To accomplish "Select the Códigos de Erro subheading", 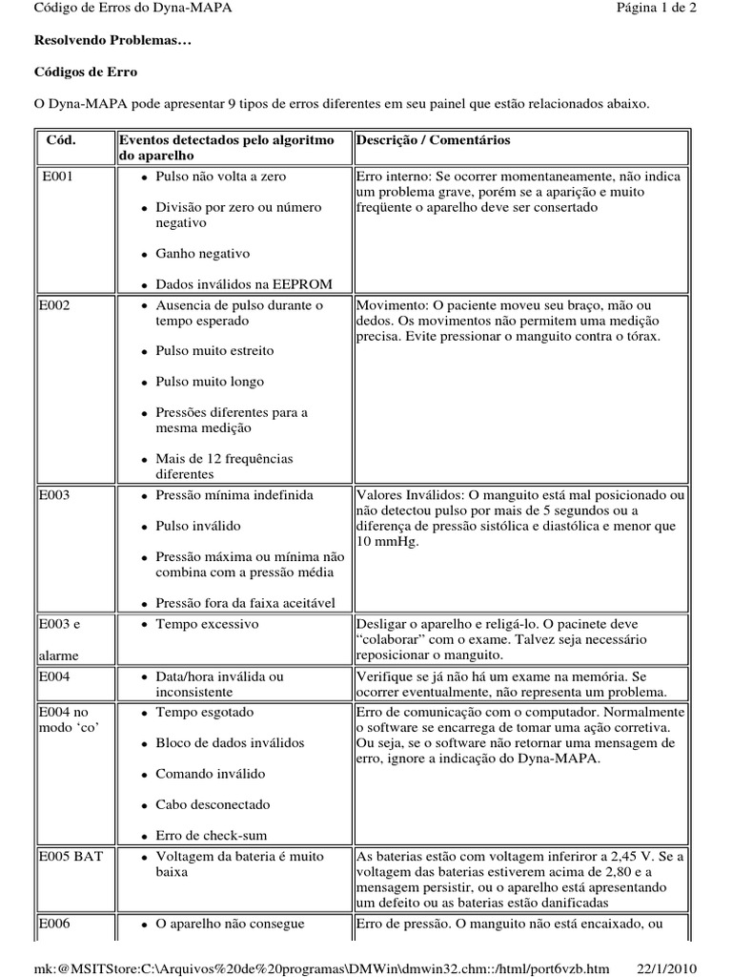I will (x=86, y=72).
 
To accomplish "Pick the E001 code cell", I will (x=58, y=177).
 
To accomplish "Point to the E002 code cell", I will (x=54, y=305).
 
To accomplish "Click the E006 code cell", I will (x=54, y=924).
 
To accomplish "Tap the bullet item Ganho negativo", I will (x=202, y=254).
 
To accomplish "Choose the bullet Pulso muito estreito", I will (x=214, y=351).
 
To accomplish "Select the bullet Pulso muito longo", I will (x=210, y=382).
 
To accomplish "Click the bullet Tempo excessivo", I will (x=207, y=624).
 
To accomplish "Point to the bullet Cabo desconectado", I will (x=213, y=804).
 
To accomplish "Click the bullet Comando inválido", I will (x=211, y=774).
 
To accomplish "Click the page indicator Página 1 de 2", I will (x=657, y=9).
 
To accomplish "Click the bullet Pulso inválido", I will (x=198, y=526).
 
